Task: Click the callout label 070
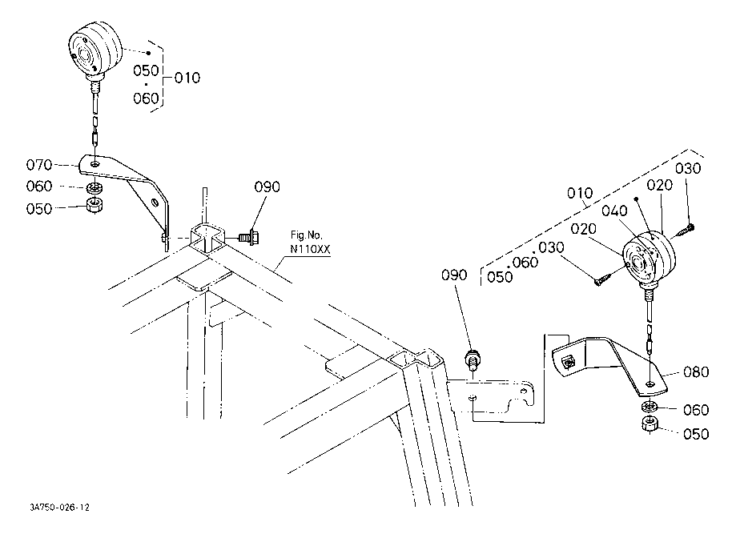coord(39,165)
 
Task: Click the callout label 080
coord(696,372)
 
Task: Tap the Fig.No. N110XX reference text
coord(310,242)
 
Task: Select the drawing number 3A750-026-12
coord(59,508)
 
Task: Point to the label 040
coord(614,211)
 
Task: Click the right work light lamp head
coord(650,258)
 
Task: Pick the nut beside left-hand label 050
coord(96,206)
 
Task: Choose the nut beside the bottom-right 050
coord(650,424)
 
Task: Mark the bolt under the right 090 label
coord(473,359)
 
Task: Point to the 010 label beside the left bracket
coord(187,78)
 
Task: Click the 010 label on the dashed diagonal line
coord(580,193)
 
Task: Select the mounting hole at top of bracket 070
coord(96,164)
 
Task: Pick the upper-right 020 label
coord(659,186)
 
